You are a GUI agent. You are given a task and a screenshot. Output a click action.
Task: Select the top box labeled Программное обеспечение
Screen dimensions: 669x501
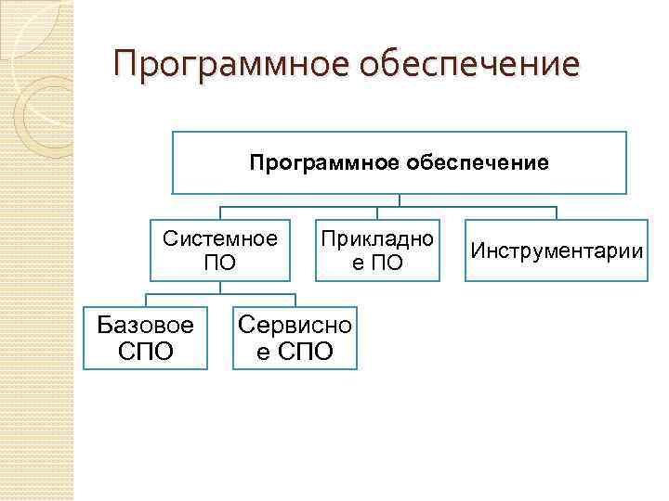click(x=399, y=162)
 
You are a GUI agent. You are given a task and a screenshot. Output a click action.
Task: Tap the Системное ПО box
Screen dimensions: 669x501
click(x=220, y=250)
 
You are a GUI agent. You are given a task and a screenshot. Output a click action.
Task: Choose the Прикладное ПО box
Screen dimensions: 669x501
click(x=376, y=250)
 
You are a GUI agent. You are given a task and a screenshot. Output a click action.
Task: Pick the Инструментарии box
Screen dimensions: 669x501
click(x=557, y=250)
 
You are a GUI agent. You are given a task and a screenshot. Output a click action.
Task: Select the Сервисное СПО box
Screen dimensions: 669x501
click(x=295, y=338)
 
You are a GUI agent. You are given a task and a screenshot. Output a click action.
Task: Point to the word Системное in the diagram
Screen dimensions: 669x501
click(x=220, y=238)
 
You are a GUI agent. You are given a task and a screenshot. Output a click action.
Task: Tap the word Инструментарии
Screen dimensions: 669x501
click(x=557, y=250)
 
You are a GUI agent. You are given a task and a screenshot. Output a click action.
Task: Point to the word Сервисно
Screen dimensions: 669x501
click(x=295, y=325)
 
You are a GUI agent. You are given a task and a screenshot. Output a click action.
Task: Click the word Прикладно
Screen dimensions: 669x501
click(x=376, y=238)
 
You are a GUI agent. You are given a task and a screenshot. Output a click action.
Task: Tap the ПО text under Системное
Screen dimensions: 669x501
click(x=220, y=263)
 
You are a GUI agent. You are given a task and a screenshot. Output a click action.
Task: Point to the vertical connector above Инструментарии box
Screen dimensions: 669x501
click(x=557, y=212)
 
